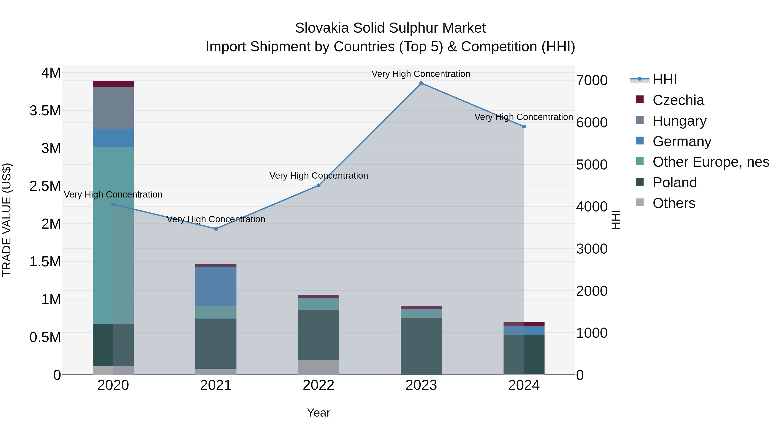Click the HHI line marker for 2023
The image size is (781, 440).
pyautogui.click(x=421, y=83)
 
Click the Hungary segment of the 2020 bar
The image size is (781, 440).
pyautogui.click(x=113, y=108)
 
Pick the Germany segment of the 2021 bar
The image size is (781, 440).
pyautogui.click(x=216, y=286)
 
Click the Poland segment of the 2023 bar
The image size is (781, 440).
pyautogui.click(x=421, y=346)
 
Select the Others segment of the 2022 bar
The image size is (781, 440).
pyautogui.click(x=318, y=367)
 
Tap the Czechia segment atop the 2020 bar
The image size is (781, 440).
pyautogui.click(x=113, y=84)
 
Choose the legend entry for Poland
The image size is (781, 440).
pyautogui.click(x=674, y=183)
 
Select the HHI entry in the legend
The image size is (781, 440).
pyautogui.click(x=664, y=80)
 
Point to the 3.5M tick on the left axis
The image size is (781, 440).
pyautogui.click(x=45, y=111)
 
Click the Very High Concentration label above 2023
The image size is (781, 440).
pyautogui.click(x=421, y=74)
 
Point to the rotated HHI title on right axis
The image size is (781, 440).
pyautogui.click(x=615, y=220)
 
